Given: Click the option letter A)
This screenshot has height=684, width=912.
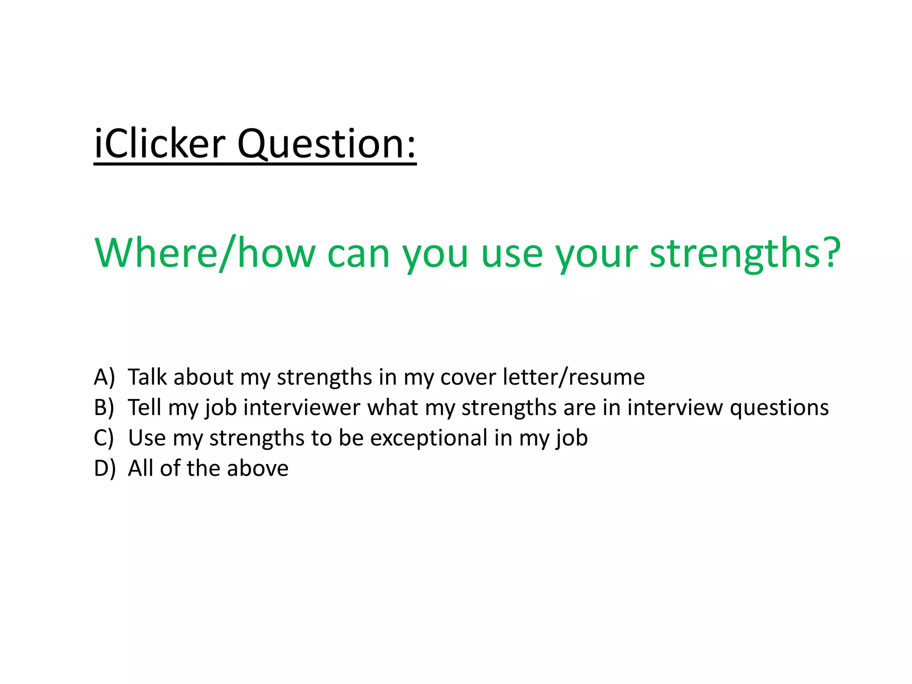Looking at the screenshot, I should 104,377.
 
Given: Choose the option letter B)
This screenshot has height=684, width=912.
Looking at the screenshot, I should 104,407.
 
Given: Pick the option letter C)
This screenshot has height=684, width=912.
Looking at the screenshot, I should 104,438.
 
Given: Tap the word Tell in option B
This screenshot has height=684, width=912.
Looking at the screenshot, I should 144,407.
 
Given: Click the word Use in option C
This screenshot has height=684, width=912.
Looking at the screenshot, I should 147,438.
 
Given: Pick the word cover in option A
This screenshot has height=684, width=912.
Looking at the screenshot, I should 468,378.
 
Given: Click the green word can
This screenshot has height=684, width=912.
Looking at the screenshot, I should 358,254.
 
